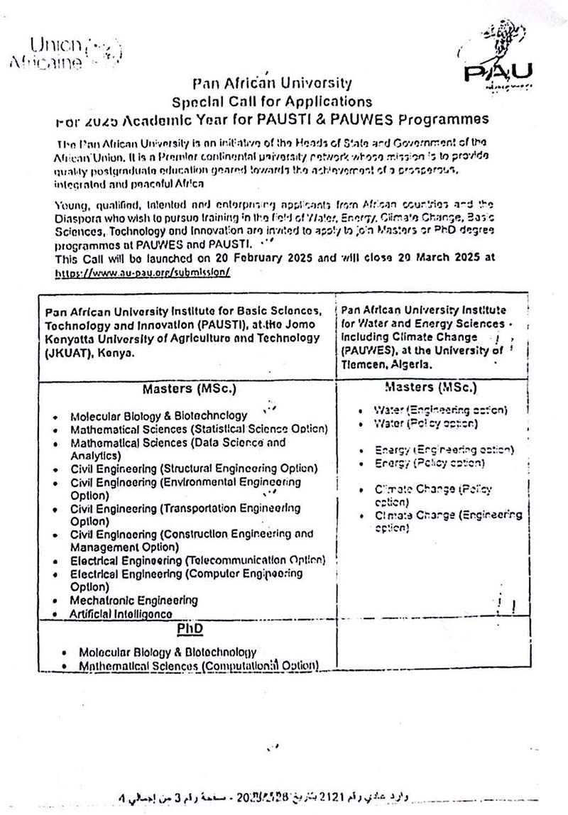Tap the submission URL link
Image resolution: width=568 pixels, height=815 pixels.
tap(143, 272)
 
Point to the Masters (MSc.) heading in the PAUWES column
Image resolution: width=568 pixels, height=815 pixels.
tap(430, 387)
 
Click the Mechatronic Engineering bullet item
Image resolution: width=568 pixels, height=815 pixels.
tap(133, 600)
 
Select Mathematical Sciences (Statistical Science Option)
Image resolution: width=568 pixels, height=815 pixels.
tap(199, 429)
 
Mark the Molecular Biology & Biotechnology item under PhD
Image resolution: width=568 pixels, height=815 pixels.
tap(168, 652)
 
